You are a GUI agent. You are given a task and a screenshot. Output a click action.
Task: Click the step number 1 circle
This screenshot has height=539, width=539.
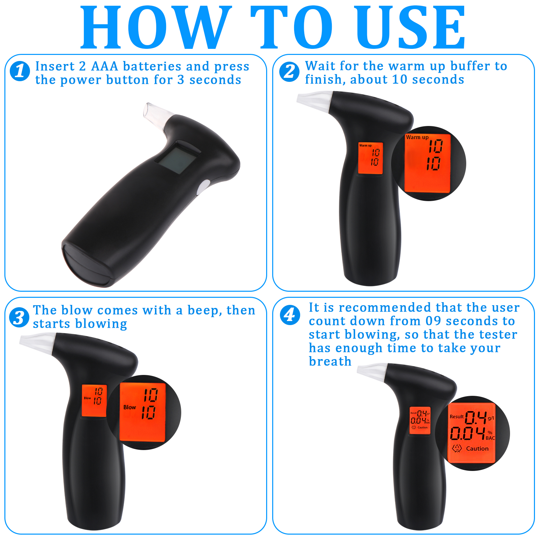[x=20, y=71]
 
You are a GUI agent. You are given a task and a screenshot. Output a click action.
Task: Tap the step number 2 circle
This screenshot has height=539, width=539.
[x=289, y=72]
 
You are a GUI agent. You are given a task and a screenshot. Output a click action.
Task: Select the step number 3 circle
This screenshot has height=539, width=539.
[x=19, y=317]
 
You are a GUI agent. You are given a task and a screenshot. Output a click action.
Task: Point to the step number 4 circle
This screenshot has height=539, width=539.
[x=290, y=315]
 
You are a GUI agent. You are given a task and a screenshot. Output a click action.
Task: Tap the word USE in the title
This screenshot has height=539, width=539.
[x=411, y=27]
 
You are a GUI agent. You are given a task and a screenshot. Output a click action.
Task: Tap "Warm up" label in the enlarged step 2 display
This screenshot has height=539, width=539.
[x=417, y=137]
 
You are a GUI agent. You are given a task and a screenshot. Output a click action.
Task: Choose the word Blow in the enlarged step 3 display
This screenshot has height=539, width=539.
[x=130, y=407]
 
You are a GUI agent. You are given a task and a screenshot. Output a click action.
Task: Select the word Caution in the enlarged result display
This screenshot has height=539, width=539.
[x=477, y=448]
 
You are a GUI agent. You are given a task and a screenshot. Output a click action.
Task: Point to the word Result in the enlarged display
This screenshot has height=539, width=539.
[x=456, y=417]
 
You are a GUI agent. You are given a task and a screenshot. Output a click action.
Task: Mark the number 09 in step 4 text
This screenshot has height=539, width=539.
[x=433, y=321]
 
